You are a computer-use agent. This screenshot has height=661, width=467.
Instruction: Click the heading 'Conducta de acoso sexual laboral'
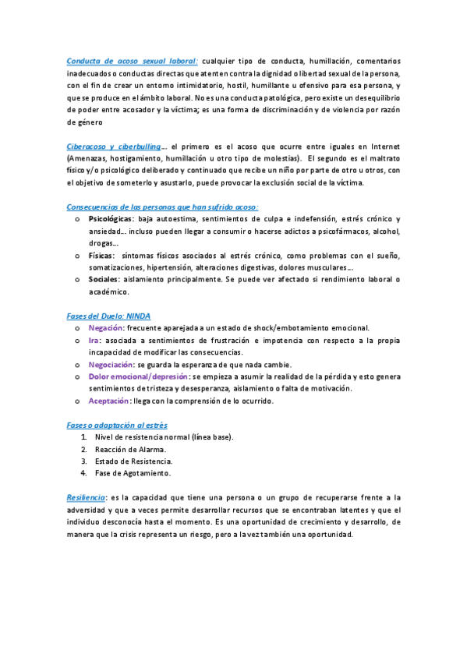133,61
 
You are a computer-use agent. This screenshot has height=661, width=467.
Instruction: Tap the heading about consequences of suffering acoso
163,207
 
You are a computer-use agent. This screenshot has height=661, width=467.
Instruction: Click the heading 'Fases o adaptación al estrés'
117,425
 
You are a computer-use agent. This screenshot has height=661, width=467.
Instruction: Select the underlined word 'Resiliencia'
86,497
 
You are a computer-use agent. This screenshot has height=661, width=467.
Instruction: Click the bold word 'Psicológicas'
111,219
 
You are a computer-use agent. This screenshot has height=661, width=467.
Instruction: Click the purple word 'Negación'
107,328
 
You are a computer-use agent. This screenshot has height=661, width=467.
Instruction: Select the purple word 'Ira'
94,341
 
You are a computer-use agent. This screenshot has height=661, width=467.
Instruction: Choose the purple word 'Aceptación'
110,401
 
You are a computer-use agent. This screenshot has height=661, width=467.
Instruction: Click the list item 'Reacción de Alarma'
130,449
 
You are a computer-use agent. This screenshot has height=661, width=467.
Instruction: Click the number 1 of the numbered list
83,437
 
